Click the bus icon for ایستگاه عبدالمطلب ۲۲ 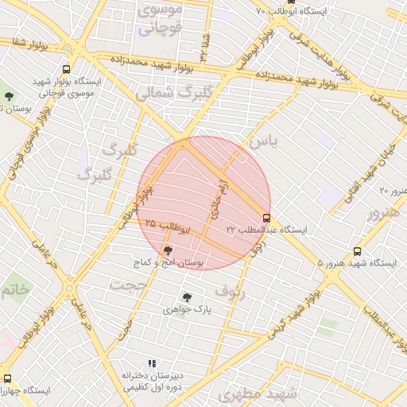(x=266, y=218)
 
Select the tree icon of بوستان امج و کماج (x=167, y=250)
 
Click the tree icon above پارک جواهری (x=187, y=297)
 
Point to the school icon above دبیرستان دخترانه (x=152, y=363)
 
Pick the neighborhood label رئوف (x=231, y=289)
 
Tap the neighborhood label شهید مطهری (x=271, y=393)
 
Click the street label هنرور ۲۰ (x=392, y=191)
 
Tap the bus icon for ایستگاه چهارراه (x=7, y=378)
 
